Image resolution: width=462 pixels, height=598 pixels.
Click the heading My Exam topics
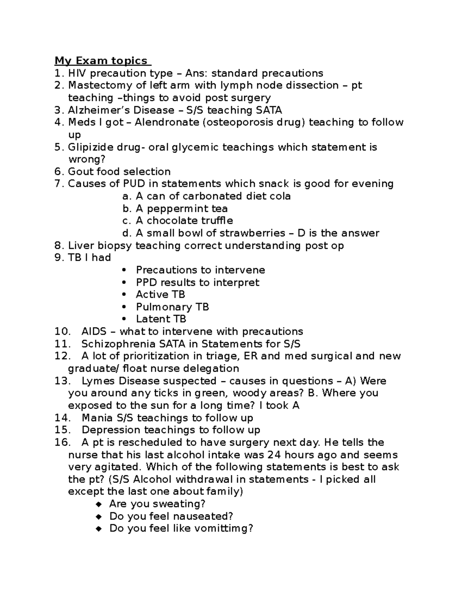coord(101,61)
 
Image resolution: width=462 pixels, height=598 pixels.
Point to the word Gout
coord(80,172)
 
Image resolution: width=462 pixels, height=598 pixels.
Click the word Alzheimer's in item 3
coord(99,110)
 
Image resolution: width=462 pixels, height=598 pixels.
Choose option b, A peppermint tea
coord(181,209)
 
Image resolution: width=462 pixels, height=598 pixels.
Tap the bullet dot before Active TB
coord(124,295)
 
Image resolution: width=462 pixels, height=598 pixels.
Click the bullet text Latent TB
coord(161,319)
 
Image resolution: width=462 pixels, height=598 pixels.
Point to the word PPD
coord(146,282)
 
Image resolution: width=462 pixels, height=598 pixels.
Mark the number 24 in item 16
coord(274,455)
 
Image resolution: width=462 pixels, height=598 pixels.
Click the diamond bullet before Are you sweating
coord(99,504)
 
